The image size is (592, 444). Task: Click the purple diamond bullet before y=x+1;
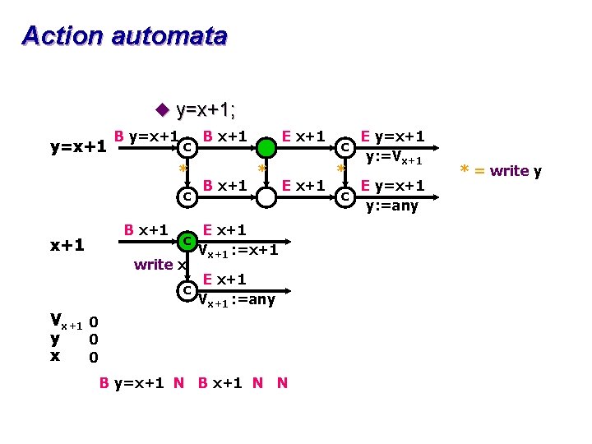[x=162, y=109]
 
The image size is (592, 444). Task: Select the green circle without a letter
[x=266, y=148]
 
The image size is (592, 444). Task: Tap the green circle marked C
[x=187, y=241]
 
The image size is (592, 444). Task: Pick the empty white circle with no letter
[x=266, y=197]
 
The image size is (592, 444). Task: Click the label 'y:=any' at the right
[x=392, y=206]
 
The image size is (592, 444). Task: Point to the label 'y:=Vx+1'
[x=394, y=158]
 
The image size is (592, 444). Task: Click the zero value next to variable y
[x=94, y=339]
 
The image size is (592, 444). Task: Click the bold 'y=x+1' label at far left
[x=78, y=147]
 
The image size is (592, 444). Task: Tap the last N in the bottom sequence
[x=282, y=382]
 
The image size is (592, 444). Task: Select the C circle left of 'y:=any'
[x=346, y=197]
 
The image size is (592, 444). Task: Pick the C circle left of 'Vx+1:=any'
[x=187, y=290]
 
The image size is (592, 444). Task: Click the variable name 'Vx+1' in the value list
[x=65, y=321]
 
